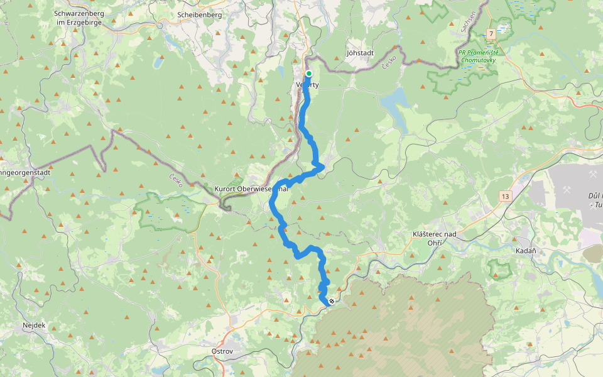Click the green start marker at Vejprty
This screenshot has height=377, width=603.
pos(308,74)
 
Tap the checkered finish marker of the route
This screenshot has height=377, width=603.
pos(332,301)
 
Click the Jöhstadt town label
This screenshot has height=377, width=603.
pos(360,53)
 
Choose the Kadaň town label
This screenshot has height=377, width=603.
pos(525,251)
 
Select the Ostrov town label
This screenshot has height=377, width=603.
pos(223,351)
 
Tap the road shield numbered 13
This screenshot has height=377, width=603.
pos(505,197)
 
